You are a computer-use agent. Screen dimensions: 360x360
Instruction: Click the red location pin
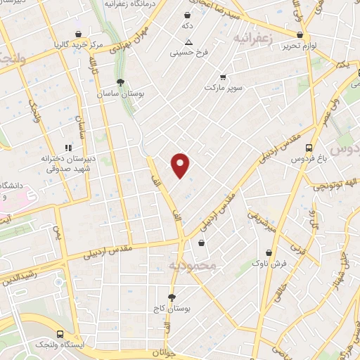coord(181,165)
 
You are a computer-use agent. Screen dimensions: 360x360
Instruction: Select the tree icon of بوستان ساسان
coord(120,82)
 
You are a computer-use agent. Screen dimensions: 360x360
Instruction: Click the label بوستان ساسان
coord(120,94)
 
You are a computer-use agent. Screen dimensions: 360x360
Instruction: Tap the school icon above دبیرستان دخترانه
coord(69,148)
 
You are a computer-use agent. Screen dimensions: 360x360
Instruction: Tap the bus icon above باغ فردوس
coord(309,148)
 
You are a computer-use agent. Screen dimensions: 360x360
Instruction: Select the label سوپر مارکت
coord(224,88)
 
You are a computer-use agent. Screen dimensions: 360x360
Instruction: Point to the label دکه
coord(188,25)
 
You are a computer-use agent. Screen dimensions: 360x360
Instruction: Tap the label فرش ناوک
coord(270,263)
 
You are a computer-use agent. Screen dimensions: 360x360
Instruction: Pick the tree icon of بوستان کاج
coord(172,297)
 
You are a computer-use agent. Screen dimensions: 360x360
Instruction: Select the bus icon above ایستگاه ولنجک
coord(60,334)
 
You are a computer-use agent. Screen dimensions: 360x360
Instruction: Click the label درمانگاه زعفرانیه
coord(130,4)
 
